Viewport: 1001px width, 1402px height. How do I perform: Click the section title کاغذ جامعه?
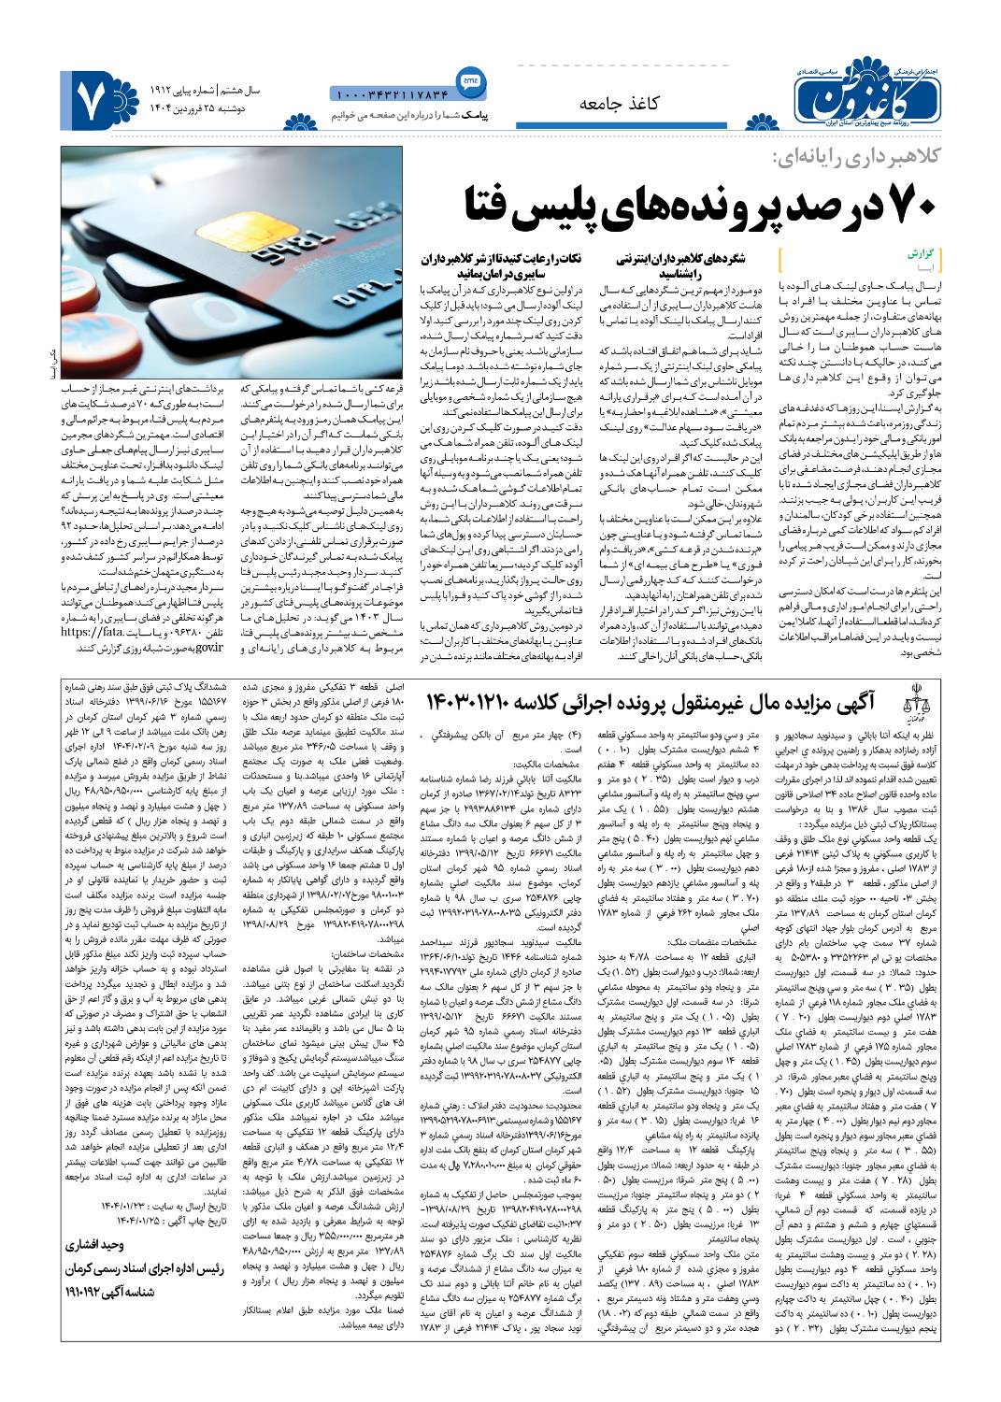pos(619,104)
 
